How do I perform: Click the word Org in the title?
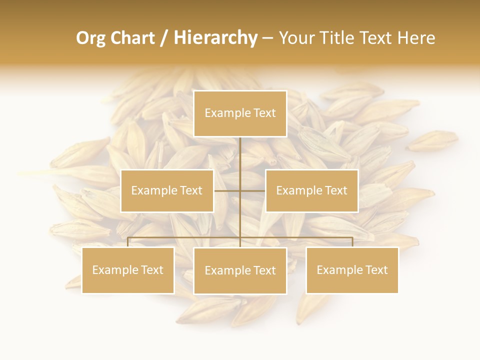point(90,38)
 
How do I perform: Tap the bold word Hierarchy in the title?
point(215,38)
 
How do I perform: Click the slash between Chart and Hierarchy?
point(163,38)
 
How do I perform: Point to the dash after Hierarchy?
point(267,38)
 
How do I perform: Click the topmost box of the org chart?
point(240,113)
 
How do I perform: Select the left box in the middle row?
point(167,190)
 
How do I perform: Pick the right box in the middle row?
point(311,190)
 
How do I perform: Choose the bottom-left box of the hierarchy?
point(128,270)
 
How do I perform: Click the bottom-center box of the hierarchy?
point(240,270)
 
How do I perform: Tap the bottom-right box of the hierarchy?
point(352,270)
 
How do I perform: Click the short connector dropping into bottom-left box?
point(128,242)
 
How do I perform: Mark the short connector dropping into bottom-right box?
point(352,242)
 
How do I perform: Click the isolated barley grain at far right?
point(432,140)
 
